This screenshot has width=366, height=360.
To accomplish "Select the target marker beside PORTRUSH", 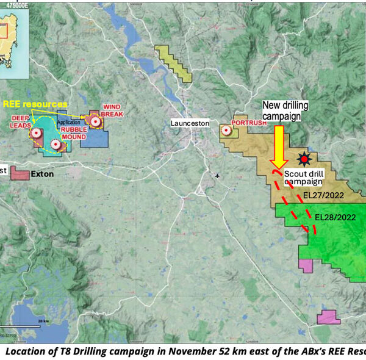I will click(227, 130).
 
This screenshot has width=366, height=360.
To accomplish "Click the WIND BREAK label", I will click(113, 110).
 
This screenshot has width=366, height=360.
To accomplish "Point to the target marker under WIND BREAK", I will click(95, 121).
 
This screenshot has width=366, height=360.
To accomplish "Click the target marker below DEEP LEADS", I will click(36, 132).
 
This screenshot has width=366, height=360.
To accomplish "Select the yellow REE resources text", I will click(36, 104).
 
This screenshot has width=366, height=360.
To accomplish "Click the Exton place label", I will click(43, 175).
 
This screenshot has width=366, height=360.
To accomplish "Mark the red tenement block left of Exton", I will click(20, 175).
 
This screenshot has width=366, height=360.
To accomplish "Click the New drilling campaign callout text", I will click(284, 111).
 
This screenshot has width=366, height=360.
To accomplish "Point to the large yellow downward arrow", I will click(278, 146).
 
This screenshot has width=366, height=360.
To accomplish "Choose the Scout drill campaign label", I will click(303, 177).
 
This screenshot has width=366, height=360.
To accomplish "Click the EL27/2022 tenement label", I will click(325, 195).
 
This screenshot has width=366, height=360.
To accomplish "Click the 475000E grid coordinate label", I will click(15, 3).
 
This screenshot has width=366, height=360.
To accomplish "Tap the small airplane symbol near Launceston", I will click(218, 176).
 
